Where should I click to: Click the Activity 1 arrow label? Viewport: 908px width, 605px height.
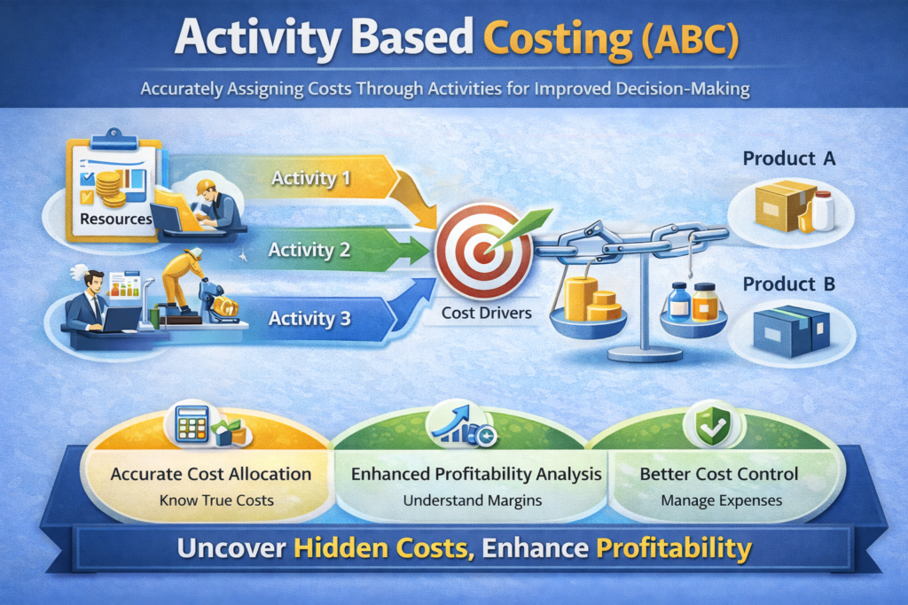click(x=311, y=178)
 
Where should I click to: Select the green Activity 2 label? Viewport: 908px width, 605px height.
click(x=309, y=250)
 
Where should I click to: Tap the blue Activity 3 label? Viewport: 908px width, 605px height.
click(x=309, y=319)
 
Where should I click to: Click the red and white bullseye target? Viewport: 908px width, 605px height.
click(x=483, y=251)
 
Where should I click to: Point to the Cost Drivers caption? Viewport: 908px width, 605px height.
click(x=487, y=313)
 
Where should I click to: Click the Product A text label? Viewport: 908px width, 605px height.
click(x=789, y=159)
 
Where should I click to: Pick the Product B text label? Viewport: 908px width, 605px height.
click(x=789, y=284)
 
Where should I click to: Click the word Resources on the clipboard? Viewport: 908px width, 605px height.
click(x=116, y=219)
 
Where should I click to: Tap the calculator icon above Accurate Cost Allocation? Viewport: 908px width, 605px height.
click(x=192, y=425)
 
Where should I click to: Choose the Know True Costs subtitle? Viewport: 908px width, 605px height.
click(x=216, y=500)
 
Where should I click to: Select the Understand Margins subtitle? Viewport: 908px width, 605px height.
click(x=473, y=500)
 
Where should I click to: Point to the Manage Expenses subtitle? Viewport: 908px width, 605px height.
click(x=722, y=500)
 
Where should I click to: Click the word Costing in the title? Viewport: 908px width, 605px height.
click(x=557, y=38)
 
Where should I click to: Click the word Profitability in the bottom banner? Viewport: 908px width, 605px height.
click(x=674, y=548)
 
